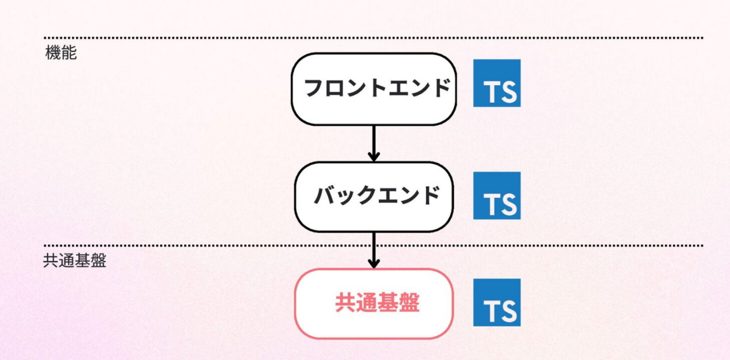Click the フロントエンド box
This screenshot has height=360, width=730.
point(373,89)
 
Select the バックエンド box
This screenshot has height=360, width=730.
point(373,197)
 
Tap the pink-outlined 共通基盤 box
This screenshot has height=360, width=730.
point(373,304)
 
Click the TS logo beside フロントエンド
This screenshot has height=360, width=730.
point(496,83)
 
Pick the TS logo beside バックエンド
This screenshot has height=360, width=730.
point(496,196)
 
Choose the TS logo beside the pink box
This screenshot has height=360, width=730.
point(496,303)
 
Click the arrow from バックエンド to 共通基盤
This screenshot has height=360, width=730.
point(373,249)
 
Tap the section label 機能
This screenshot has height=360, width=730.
point(61,53)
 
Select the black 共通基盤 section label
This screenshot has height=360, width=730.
point(75,260)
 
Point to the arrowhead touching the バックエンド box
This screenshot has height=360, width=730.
point(373,156)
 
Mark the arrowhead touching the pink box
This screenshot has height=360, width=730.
point(373,263)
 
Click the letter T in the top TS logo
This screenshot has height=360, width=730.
point(491,92)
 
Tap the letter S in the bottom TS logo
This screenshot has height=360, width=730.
point(508,311)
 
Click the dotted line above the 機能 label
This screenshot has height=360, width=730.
point(373,38)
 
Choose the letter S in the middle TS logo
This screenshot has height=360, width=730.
point(508,205)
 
